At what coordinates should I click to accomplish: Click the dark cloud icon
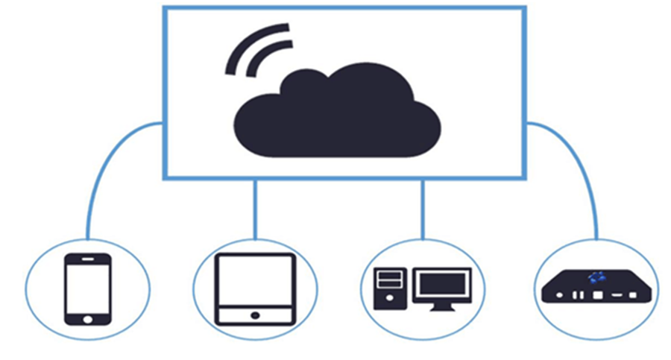(x=339, y=116)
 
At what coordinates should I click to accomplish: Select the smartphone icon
(x=88, y=289)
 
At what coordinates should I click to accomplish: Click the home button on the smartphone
(x=88, y=318)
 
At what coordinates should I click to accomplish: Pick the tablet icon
(x=255, y=289)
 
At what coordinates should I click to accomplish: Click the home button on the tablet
(x=255, y=315)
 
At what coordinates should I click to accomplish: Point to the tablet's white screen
(x=255, y=282)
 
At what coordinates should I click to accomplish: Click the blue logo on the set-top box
(x=594, y=277)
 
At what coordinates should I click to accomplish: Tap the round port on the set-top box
(x=558, y=295)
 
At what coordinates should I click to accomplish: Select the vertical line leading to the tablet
(x=255, y=209)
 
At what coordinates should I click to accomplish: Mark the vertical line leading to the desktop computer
(x=423, y=209)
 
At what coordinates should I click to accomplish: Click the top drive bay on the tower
(x=390, y=275)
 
